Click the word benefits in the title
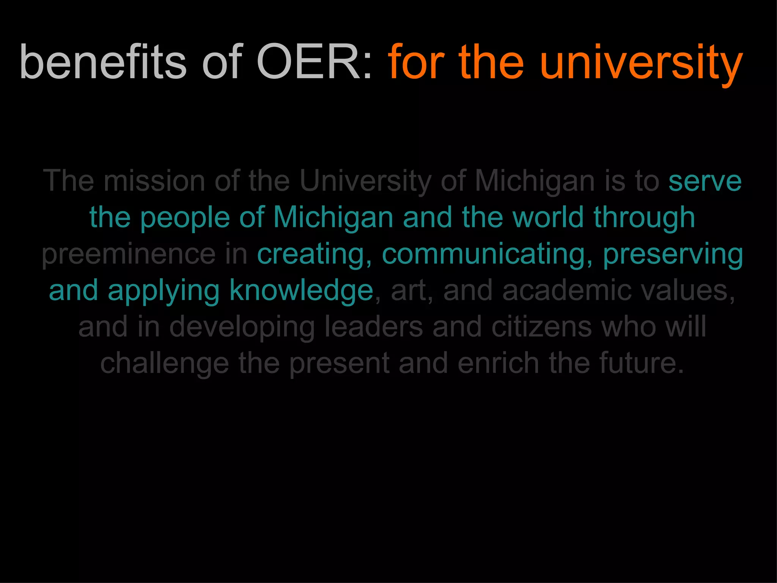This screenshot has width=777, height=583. [x=103, y=62]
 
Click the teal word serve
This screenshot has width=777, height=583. [x=705, y=181]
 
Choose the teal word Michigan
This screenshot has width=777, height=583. [x=333, y=218]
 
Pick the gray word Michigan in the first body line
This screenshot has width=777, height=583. [x=535, y=181]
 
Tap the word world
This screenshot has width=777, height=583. [x=547, y=217]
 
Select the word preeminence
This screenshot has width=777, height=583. [x=129, y=254]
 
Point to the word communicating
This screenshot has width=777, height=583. [x=487, y=254]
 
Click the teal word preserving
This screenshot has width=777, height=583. [x=673, y=254]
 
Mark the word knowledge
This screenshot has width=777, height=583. [x=302, y=290]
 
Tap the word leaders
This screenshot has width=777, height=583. [x=373, y=326]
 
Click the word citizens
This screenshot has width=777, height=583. [x=541, y=326]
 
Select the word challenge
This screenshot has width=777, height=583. [x=165, y=364]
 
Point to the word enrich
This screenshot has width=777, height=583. [x=498, y=363]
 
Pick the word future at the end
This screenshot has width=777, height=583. [x=637, y=363]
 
